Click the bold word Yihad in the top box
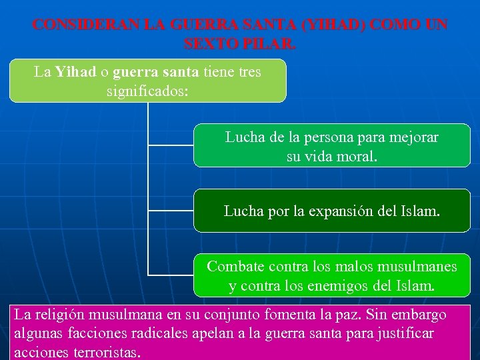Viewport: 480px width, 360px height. coord(75,71)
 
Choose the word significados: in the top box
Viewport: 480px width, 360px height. coord(147,89)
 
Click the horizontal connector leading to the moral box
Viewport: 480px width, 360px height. coord(170,144)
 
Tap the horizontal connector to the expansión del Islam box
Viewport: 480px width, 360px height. coord(170,210)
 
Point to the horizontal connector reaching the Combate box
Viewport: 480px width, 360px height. coord(170,274)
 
